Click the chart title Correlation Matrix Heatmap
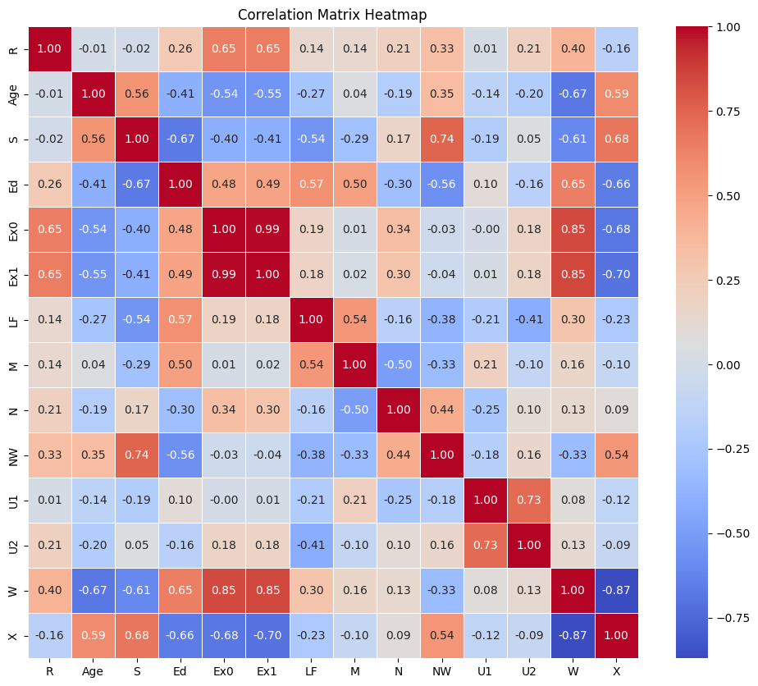pos(332,15)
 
